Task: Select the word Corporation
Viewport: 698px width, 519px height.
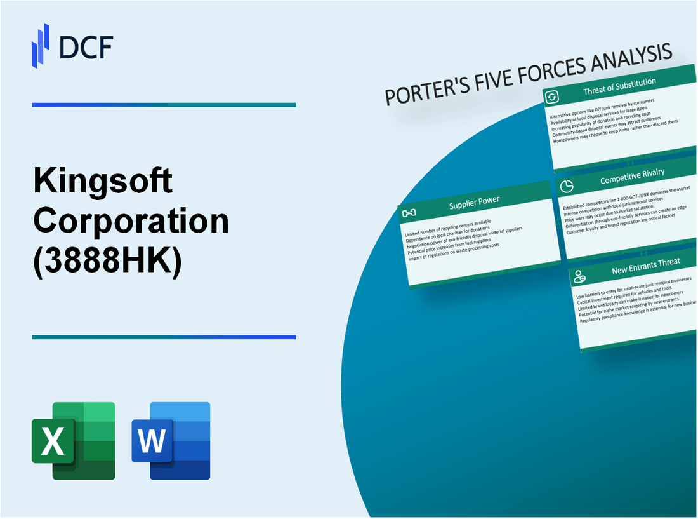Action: (131, 220)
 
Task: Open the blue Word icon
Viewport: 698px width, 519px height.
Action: (171, 440)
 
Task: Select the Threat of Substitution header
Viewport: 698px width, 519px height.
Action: (619, 90)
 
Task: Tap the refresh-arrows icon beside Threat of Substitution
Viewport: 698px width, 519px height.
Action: (551, 97)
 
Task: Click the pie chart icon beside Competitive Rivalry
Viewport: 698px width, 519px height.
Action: (567, 186)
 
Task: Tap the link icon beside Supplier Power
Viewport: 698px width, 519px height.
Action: (409, 212)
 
